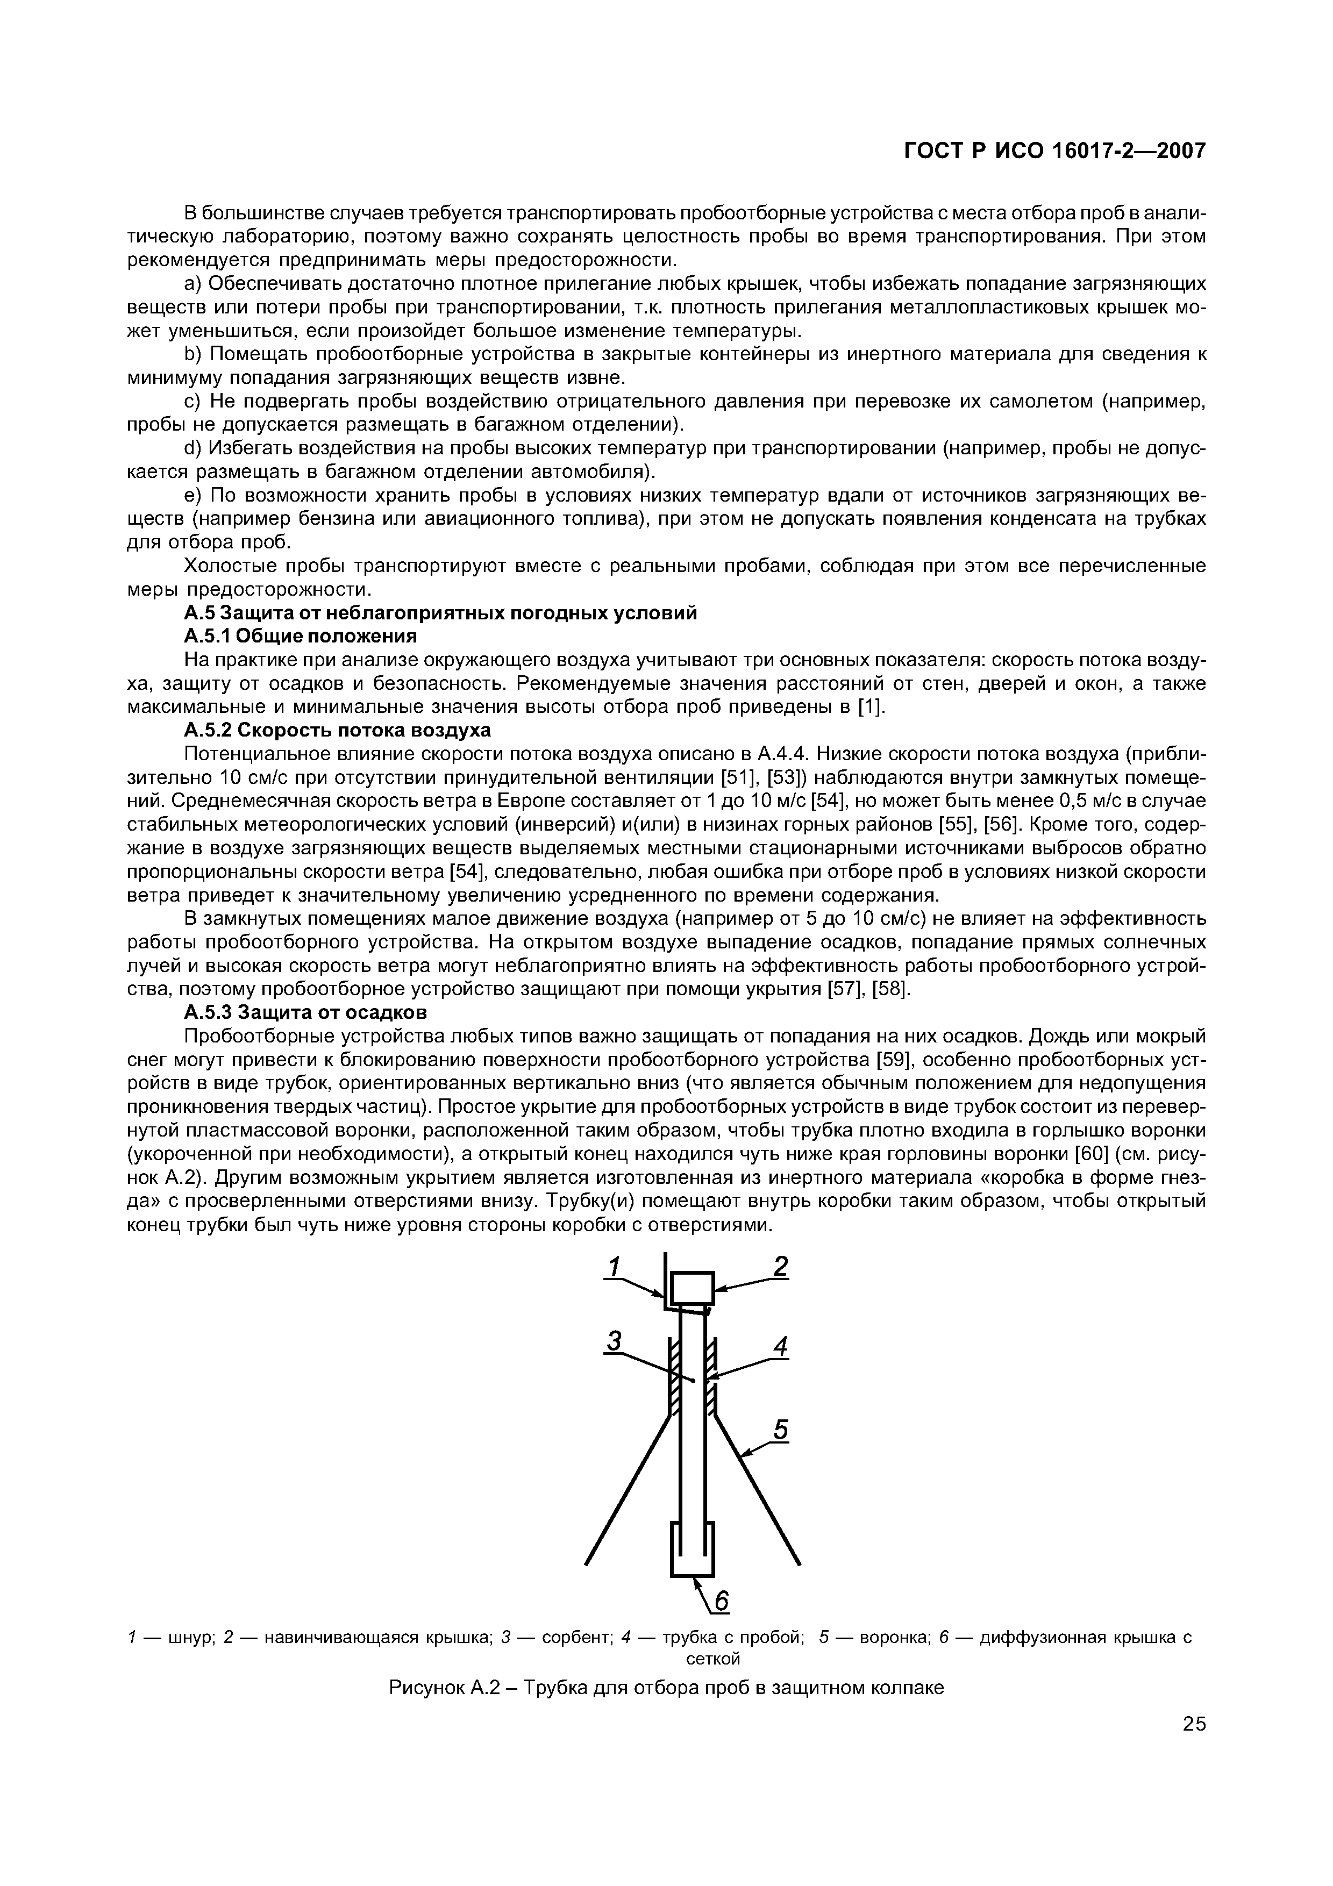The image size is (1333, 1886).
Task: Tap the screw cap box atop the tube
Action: point(693,1287)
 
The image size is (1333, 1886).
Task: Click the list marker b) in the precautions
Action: point(191,354)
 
